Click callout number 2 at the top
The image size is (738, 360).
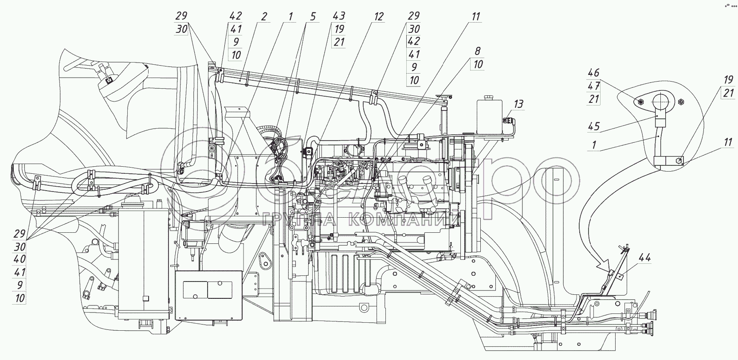point(263,16)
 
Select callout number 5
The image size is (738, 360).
point(313,16)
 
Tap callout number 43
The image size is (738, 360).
point(339,16)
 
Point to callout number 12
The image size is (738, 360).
point(379,16)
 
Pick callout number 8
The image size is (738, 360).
point(477,51)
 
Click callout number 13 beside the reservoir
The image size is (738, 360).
point(518,104)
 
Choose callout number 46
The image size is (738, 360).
point(593,73)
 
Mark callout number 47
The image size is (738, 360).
point(593,86)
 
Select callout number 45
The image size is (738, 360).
point(594,126)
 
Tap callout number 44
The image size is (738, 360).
point(644,258)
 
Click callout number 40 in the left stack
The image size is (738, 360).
point(20,259)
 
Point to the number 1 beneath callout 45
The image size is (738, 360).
point(594,145)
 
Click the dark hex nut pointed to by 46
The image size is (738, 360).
point(640,102)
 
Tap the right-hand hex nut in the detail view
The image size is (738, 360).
point(681,102)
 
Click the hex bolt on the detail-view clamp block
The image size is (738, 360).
point(677,161)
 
